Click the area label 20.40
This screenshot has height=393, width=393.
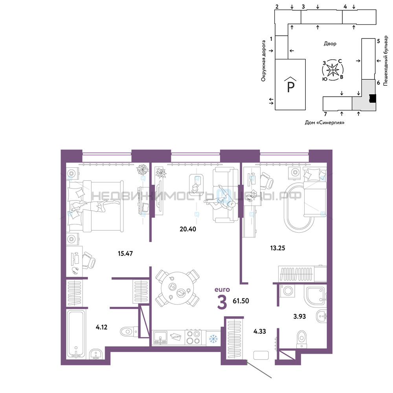click(x=188, y=229)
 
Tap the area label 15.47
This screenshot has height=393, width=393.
click(x=125, y=253)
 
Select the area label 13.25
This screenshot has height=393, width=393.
click(x=278, y=248)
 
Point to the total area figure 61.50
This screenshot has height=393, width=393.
click(x=241, y=301)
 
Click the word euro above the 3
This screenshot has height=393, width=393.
click(x=222, y=290)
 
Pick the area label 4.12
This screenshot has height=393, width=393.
click(x=101, y=327)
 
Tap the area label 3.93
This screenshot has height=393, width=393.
click(x=299, y=316)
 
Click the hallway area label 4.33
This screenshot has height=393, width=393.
click(x=260, y=331)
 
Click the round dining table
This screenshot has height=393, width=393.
click(x=178, y=288)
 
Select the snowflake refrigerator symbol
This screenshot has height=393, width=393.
click(x=213, y=339)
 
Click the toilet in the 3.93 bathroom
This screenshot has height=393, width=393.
click(x=301, y=339)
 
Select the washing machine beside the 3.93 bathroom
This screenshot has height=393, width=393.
click(x=288, y=291)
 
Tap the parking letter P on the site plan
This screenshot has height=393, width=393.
click(x=290, y=87)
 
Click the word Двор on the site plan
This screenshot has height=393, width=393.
click(x=330, y=44)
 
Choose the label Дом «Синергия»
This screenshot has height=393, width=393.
click(x=325, y=123)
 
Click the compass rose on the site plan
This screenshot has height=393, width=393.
click(x=332, y=70)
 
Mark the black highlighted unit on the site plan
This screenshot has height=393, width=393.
click(x=373, y=99)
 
